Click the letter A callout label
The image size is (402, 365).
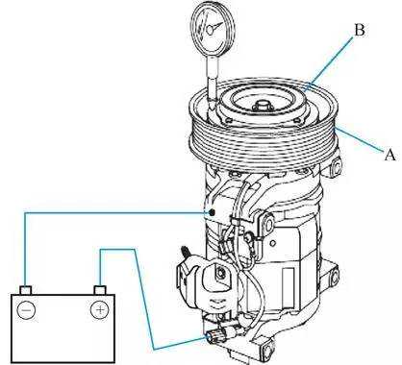point(389,156)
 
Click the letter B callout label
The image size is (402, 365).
point(360,31)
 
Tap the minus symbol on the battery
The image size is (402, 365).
point(26,310)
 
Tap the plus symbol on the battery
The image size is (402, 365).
point(100,309)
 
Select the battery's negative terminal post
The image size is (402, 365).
point(26,290)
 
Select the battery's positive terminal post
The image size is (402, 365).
point(100,290)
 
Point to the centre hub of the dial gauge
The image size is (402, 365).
point(210,30)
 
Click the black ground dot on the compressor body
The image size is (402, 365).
point(212,212)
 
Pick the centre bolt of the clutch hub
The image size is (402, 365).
point(262,105)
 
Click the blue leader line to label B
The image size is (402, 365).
point(329,63)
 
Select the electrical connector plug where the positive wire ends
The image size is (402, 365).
point(213,337)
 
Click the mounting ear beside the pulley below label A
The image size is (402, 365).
point(335,166)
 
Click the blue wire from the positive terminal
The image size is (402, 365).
point(141,281)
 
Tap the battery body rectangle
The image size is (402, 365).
point(63,328)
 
